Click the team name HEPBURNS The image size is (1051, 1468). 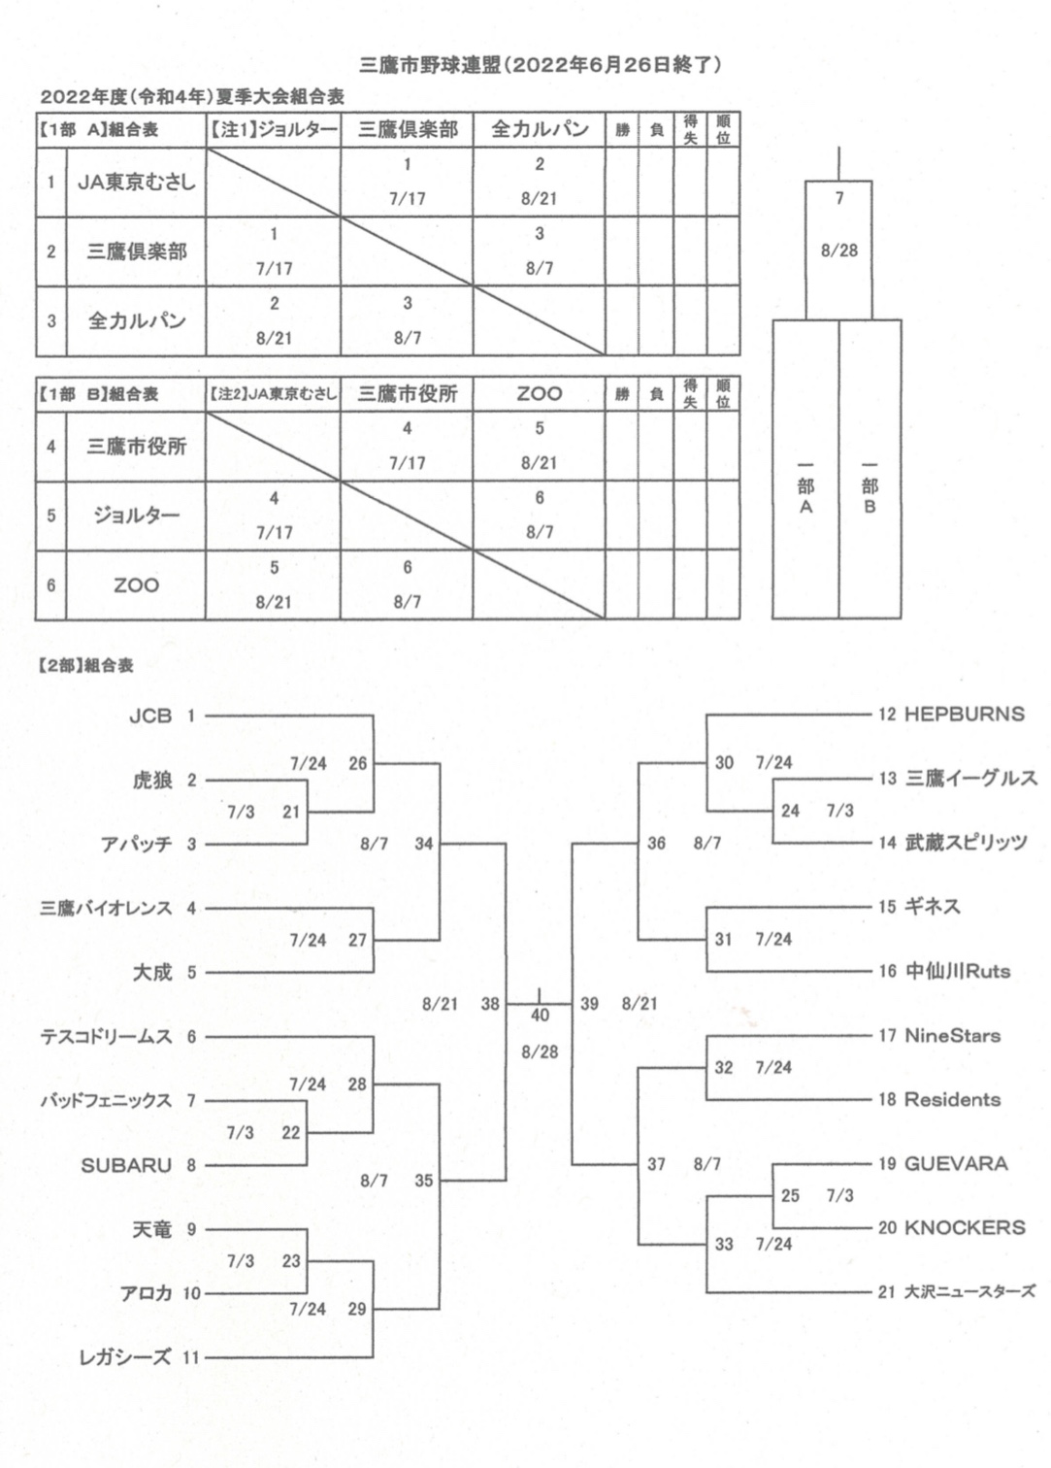coord(964,714)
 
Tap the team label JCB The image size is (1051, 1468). coord(150,716)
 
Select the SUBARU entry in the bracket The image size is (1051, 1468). coord(126,1165)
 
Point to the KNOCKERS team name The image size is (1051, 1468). coord(965,1227)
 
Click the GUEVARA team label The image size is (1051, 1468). coord(956,1163)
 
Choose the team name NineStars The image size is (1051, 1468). coord(952,1035)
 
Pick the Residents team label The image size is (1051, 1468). coord(952,1099)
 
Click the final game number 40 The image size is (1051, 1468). coord(540,1016)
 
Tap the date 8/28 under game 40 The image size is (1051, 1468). coord(540,1051)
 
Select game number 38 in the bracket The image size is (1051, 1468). coord(490,1003)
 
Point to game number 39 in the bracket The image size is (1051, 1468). coord(589,1003)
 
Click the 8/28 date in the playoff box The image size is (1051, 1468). coord(839,250)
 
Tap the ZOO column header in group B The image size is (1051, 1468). coord(540,393)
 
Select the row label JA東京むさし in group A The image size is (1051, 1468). coord(136,183)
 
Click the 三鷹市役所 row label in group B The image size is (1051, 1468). coord(136,447)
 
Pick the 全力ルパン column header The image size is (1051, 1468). coord(540,129)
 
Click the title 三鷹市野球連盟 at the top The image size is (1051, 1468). coord(430,65)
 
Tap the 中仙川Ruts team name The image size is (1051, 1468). coord(957,971)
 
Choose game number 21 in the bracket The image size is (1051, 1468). coord(291,812)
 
